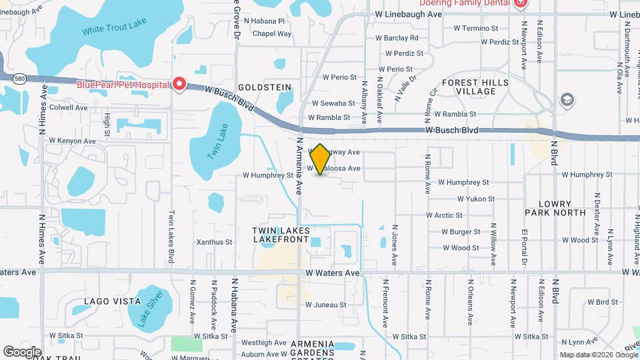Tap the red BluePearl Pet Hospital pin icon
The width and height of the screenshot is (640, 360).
[x=179, y=84]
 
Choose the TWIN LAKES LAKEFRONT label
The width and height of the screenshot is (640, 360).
[x=281, y=235]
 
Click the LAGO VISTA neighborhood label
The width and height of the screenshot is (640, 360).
[x=112, y=302]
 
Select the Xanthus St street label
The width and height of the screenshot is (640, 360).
[x=214, y=242]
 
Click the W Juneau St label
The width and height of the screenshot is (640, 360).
[x=326, y=305]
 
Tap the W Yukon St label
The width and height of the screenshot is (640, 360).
[x=475, y=199]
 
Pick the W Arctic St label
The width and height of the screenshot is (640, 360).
[x=444, y=215]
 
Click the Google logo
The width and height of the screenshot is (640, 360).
[x=22, y=351]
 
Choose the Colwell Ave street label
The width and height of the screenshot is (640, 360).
[x=69, y=107]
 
